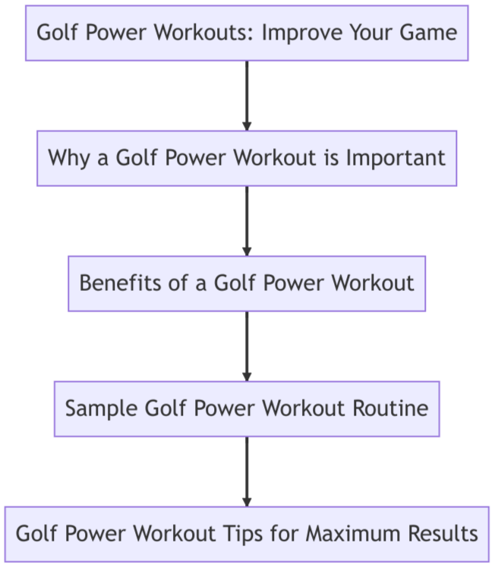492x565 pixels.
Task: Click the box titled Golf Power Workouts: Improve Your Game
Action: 247,33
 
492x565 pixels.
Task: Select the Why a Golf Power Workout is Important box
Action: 247,158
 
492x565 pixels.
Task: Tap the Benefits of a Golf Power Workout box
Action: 247,283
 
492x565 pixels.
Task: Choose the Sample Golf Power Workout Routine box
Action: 247,409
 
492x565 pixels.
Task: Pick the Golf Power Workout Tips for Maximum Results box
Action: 247,534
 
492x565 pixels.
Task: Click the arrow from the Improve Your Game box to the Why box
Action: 247,95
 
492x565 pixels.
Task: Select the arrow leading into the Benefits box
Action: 247,220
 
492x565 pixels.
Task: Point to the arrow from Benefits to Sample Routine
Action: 247,346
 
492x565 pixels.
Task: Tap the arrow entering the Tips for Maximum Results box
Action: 247,471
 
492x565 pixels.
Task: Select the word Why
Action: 67,158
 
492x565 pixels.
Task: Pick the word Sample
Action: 93,409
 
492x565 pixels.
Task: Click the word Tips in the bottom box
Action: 253,534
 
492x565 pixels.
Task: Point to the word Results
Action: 445,534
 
